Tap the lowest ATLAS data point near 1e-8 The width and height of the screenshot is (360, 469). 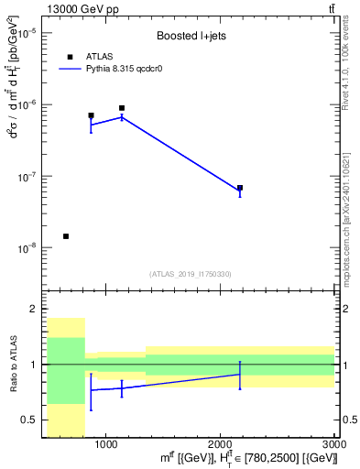click(66, 236)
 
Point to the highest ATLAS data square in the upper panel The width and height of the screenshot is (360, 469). click(122, 108)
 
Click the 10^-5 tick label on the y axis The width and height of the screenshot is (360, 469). click(27, 33)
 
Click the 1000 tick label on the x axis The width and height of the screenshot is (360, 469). click(106, 444)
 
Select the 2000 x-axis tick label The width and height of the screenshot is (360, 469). click(221, 444)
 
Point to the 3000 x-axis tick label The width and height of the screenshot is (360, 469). click(334, 444)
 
